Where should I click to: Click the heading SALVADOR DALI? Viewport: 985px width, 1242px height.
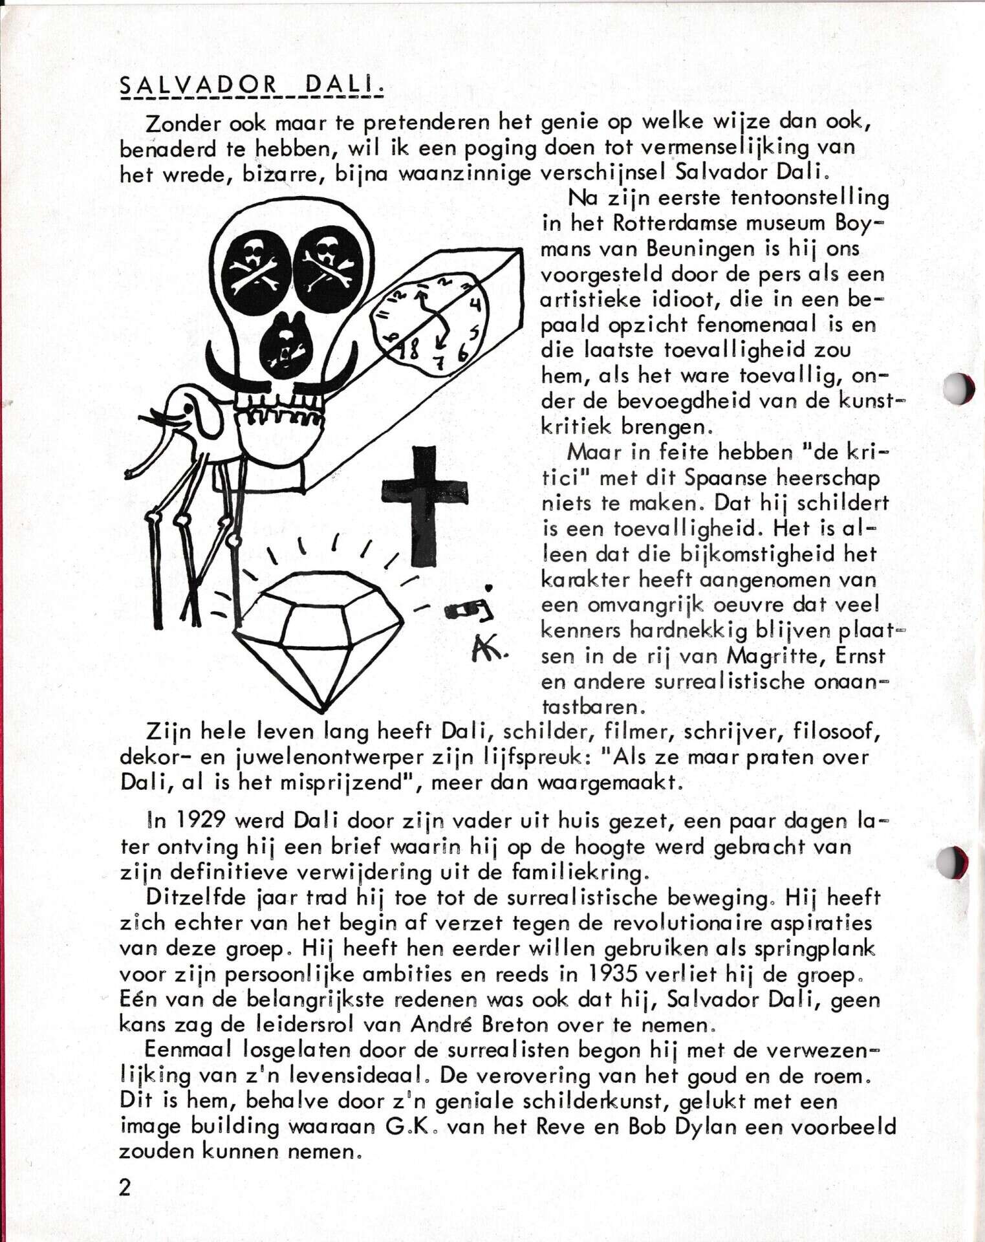tap(251, 86)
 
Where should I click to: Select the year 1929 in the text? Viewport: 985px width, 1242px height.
tap(200, 821)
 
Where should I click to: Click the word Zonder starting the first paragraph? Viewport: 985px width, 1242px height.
tap(184, 123)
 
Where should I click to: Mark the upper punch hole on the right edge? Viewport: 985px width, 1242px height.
tap(958, 389)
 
